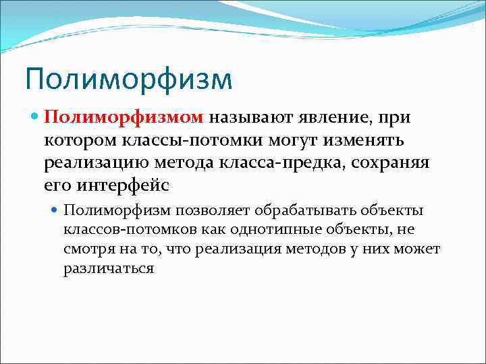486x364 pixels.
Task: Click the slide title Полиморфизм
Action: coord(128,78)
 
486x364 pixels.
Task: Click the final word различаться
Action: coord(109,268)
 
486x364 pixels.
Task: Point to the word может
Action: coord(420,249)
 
